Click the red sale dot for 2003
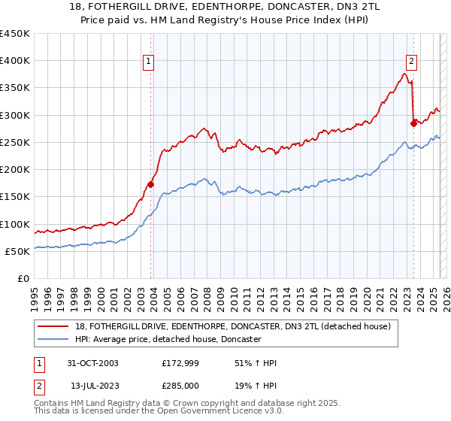click(151, 183)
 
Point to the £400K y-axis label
click(15, 61)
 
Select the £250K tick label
click(15, 142)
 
